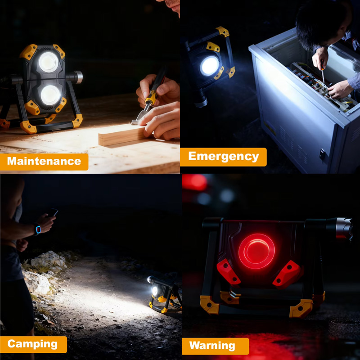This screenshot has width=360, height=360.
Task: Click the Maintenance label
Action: point(44,161)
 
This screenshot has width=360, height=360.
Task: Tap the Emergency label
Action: point(223,157)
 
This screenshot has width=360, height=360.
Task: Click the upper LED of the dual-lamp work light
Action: point(49,62)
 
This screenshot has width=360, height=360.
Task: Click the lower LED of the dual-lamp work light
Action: point(50,95)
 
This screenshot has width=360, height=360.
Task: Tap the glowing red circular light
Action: point(256,251)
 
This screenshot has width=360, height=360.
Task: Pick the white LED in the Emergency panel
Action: point(209,66)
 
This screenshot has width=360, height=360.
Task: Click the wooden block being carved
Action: point(121,135)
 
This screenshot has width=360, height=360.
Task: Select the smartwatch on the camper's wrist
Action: point(37,229)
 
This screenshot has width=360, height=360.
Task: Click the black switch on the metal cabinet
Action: point(322,154)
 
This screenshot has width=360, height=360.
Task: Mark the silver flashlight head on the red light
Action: point(344,229)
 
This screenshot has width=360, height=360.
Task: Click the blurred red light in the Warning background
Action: point(195,182)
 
